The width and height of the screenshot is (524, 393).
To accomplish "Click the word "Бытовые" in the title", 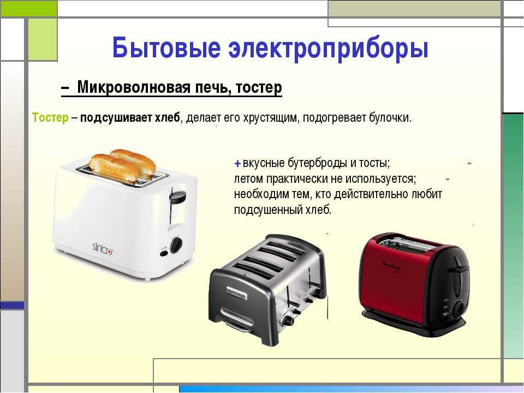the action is pos(166,47).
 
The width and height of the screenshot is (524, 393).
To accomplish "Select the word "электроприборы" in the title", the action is pos(328,50).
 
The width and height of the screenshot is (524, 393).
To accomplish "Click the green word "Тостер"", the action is pos(50,118).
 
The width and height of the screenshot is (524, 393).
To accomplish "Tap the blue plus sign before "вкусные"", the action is pos(237,164).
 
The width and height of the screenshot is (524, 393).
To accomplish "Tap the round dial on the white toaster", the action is pos(176,245).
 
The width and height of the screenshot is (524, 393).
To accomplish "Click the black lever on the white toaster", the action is pos(177,198).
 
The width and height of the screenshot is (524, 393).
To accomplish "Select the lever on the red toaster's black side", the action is pos(458,269).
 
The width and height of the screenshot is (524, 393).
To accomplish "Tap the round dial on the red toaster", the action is pos(458,307).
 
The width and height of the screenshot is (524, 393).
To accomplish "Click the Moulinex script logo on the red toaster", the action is pos(391,267).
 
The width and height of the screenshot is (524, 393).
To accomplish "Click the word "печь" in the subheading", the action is pos(213,87).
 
